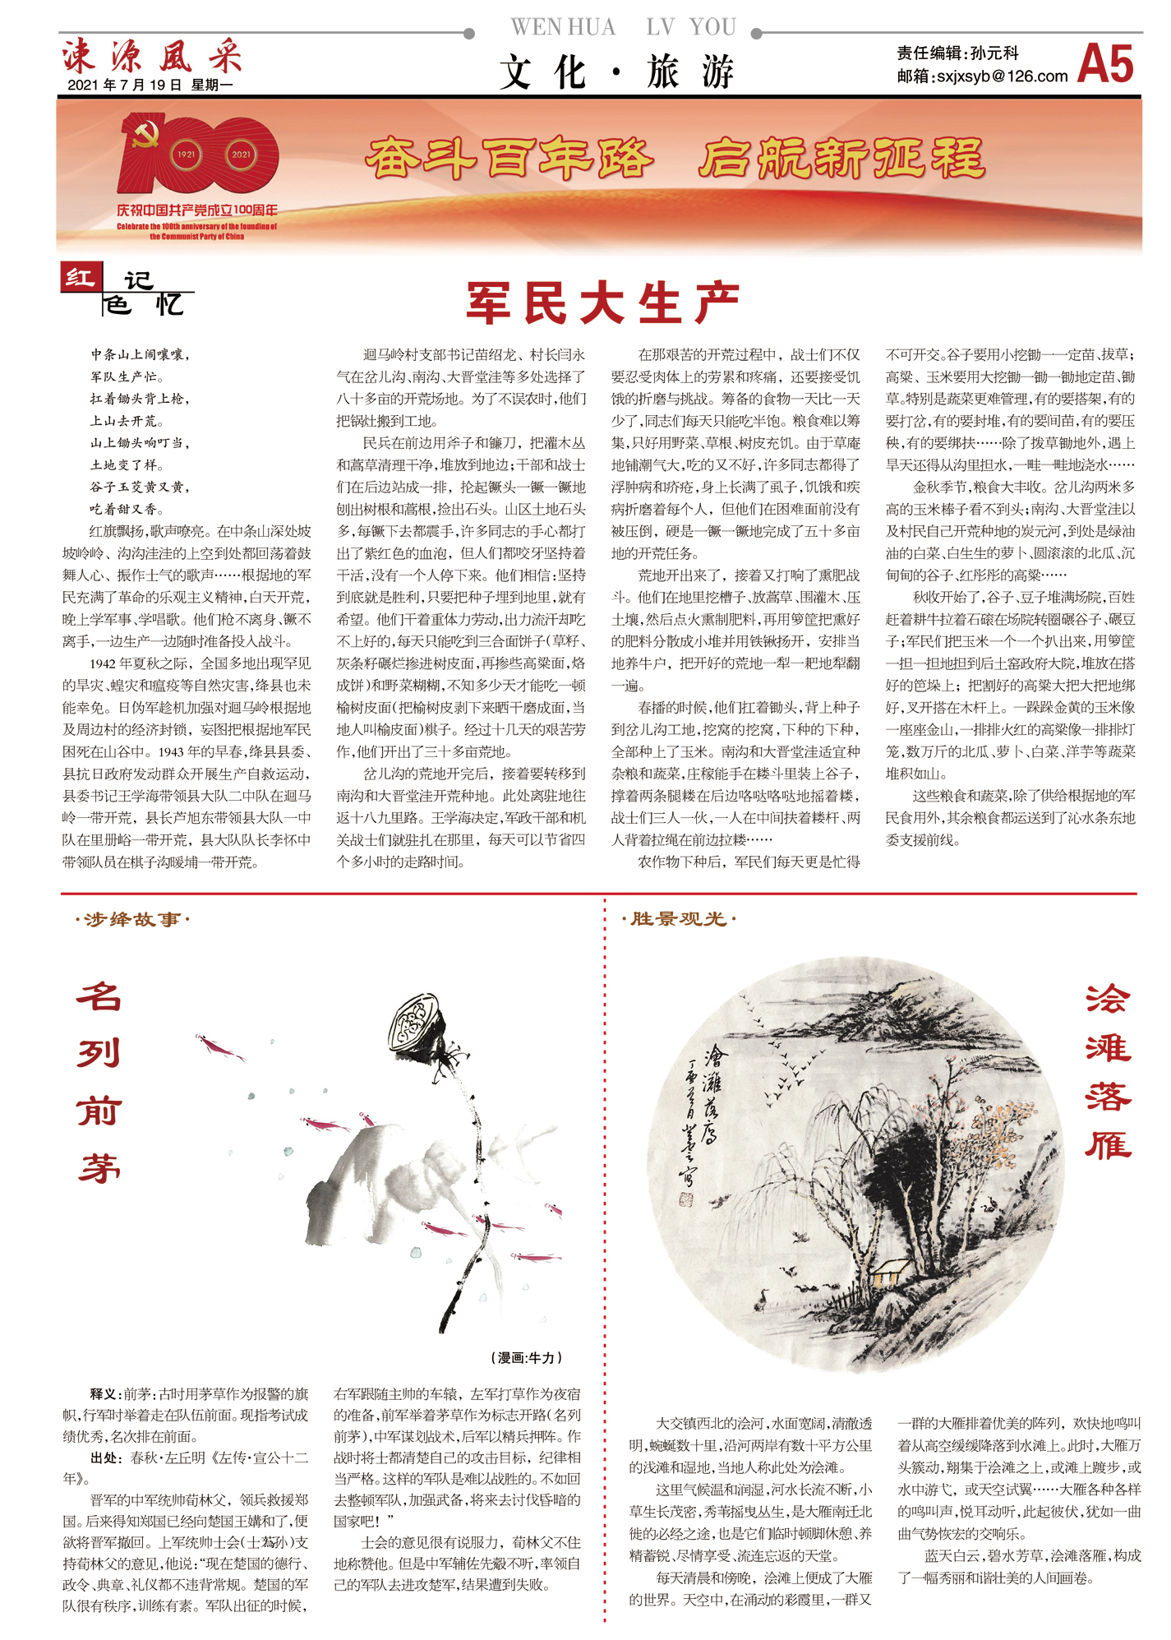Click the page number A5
pos(1104,64)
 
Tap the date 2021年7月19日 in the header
pos(124,85)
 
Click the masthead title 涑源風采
pos(152,56)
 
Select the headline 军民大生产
pos(603,303)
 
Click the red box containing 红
pos(81,278)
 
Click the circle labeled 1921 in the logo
pos(187,155)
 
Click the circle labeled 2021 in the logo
pos(241,155)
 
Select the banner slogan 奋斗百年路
pos(509,159)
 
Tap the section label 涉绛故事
pos(132,919)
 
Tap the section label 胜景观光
pos(679,918)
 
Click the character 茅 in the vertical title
pos(99,1167)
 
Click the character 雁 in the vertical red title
pos(1108,1143)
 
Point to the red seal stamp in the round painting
pos(686,1199)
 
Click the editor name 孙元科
pos(994,53)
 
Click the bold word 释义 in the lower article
pos(105,1394)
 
